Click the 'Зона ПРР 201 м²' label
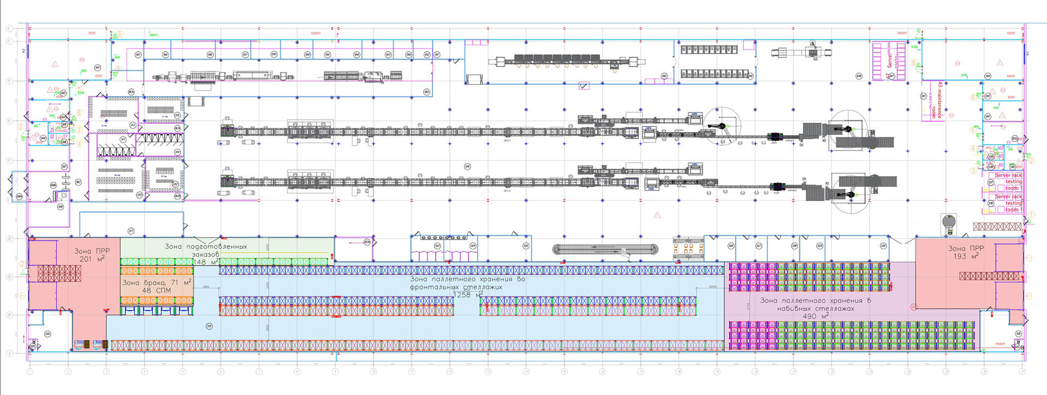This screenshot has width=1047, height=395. coord(92,255)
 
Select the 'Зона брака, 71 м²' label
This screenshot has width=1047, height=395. coord(157,283)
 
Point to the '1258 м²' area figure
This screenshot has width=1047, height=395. coord(468,295)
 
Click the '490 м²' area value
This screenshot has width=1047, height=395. coord(815,316)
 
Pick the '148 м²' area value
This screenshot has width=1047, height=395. coord(206,262)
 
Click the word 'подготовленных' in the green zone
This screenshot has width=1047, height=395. coord(216,247)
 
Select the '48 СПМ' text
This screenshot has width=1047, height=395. coord(157,291)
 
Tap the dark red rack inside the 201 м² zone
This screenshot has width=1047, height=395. coord(59,273)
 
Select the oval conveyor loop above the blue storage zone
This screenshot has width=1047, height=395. coord(605,250)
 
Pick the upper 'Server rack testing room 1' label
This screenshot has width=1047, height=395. coord(1009,181)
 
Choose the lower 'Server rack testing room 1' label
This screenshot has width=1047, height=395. coord(1009,202)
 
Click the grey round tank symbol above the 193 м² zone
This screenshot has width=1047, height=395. coord(949,222)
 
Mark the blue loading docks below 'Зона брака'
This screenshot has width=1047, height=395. coord(157,310)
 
